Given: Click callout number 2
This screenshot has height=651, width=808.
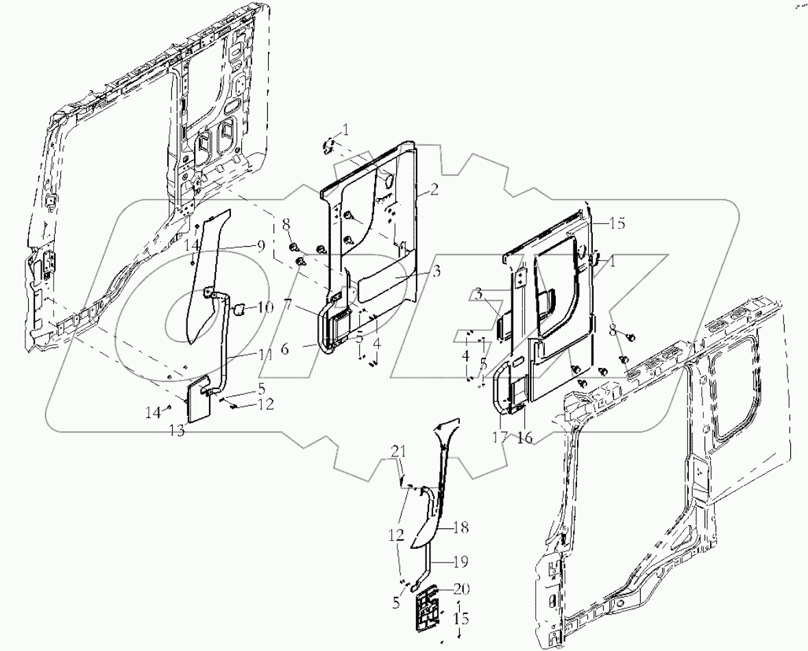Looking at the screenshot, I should click(434, 191).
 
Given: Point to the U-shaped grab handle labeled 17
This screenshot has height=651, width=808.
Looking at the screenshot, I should click(500, 389).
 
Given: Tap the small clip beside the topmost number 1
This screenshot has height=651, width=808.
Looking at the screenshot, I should click(328, 145).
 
